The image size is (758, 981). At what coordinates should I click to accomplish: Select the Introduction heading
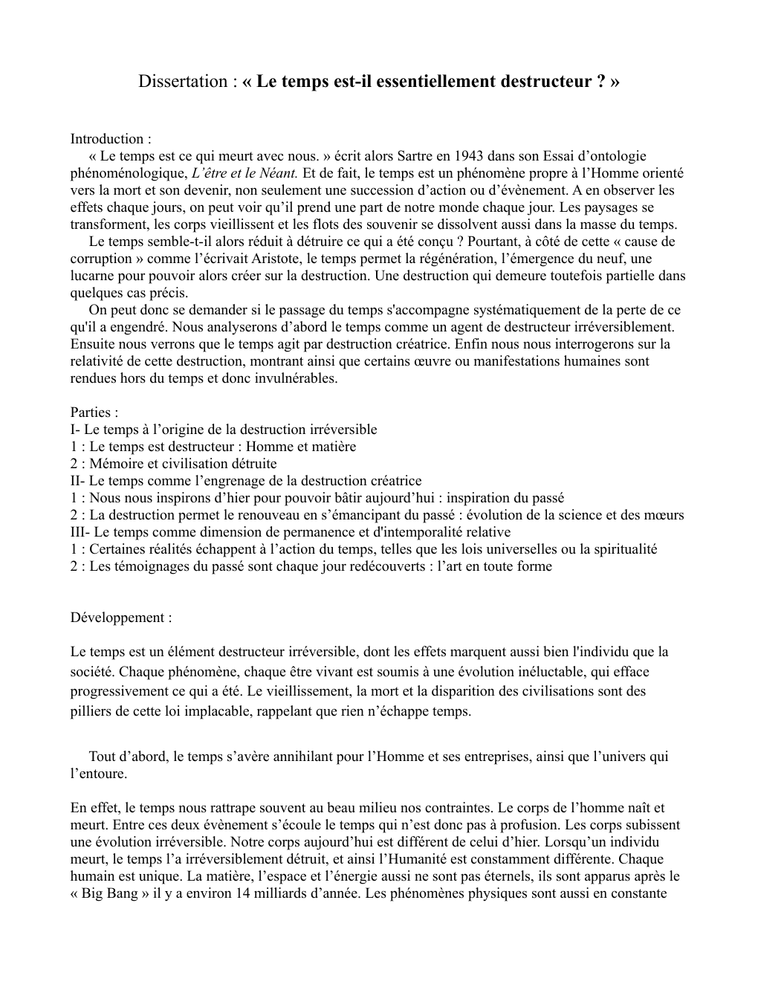pyautogui.click(x=108, y=139)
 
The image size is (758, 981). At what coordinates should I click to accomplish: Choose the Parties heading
pyautogui.click(x=92, y=412)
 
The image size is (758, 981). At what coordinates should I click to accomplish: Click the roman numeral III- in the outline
pyautogui.click(x=80, y=532)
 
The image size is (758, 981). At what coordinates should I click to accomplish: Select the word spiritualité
pyautogui.click(x=623, y=549)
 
